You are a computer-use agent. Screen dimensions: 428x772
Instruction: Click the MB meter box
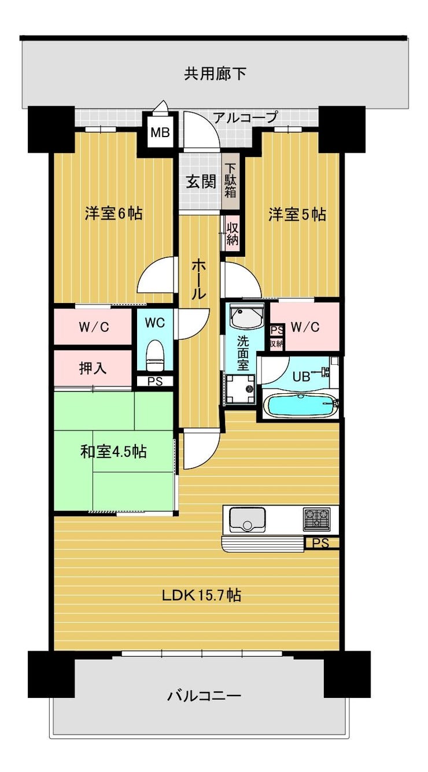160,132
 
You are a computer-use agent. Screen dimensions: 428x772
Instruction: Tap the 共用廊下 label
215,73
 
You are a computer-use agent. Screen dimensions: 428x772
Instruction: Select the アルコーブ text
245,117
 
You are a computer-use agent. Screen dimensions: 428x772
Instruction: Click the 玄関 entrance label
201,182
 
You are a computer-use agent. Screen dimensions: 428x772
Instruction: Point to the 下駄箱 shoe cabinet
230,180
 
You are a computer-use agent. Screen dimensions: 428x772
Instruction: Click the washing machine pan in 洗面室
240,389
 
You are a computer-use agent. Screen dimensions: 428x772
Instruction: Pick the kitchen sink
248,519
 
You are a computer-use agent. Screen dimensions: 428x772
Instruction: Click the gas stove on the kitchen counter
317,519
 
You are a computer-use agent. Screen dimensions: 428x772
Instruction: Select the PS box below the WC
155,382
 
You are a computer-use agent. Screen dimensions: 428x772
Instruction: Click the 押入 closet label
93,368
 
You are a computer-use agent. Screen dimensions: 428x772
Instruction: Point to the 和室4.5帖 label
114,452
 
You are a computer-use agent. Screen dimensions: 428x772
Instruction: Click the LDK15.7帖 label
201,595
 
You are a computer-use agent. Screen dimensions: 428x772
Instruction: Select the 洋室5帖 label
297,215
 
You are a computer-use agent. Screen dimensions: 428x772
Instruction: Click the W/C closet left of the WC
93,327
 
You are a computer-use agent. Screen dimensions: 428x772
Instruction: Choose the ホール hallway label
199,279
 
